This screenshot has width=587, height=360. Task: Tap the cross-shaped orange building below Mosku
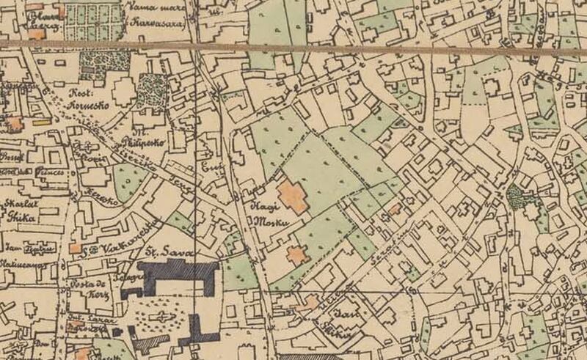point(297,255)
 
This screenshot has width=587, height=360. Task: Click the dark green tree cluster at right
point(514,196)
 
